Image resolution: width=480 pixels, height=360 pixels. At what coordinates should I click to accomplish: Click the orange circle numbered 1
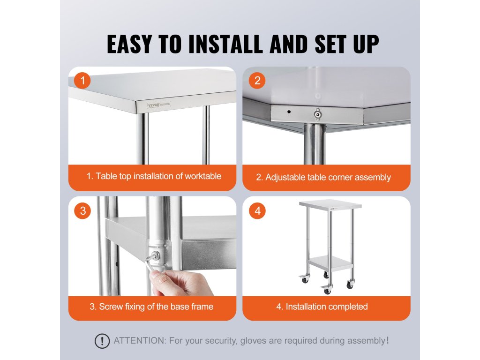point(82,81)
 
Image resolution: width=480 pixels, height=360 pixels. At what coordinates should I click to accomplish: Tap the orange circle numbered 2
point(257,81)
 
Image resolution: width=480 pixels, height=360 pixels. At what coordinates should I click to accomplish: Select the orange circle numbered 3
point(82,211)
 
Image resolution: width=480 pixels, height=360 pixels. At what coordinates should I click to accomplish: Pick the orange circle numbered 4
point(257,211)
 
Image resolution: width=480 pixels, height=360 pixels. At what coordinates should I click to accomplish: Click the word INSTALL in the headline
point(225,44)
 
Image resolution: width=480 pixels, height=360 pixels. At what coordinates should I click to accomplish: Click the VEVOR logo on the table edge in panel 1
point(153,105)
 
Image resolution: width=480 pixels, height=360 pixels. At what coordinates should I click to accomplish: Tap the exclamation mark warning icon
point(102,341)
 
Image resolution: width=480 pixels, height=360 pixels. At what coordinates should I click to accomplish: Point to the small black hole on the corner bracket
point(289,112)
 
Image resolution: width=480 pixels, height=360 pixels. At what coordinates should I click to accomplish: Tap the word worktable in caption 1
point(203,176)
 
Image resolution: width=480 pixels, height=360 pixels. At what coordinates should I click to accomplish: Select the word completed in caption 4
point(348,307)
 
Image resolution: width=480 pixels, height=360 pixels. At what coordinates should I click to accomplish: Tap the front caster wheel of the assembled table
point(327,290)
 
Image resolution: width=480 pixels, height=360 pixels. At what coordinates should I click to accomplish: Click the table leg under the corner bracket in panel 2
point(315,144)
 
